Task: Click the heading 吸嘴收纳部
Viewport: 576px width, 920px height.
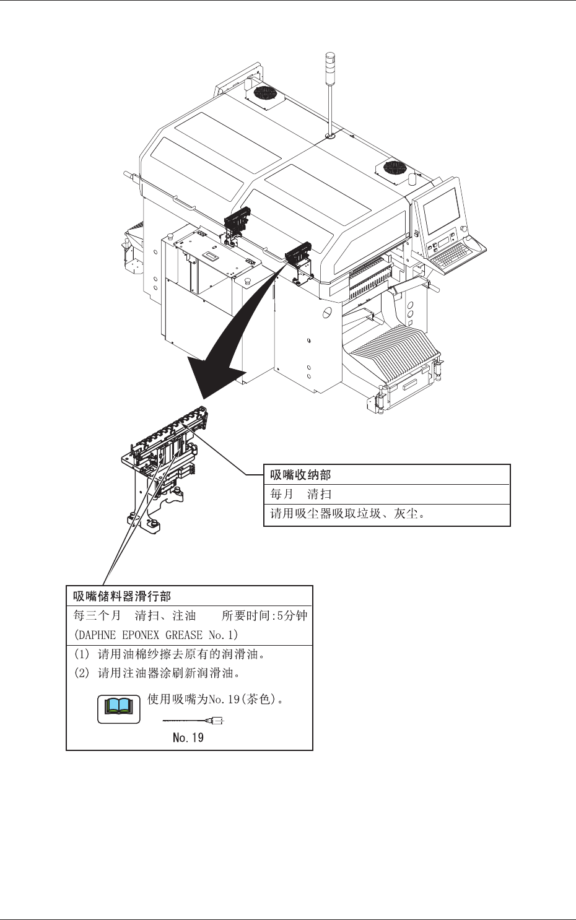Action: tap(301, 475)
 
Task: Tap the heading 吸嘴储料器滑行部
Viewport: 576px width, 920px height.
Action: tap(122, 596)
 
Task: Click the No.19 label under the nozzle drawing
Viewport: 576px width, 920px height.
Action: tap(188, 737)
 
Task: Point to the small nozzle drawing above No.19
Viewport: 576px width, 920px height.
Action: tap(193, 721)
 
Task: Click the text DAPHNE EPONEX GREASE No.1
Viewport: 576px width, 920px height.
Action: tap(155, 635)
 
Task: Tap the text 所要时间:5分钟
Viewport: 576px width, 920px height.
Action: tap(264, 615)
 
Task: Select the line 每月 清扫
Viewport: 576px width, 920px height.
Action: tap(301, 494)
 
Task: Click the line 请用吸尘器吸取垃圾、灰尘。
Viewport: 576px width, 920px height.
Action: tap(348, 513)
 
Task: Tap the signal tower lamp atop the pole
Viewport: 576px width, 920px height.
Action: tap(329, 64)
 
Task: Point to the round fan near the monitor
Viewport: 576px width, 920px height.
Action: tap(394, 167)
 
